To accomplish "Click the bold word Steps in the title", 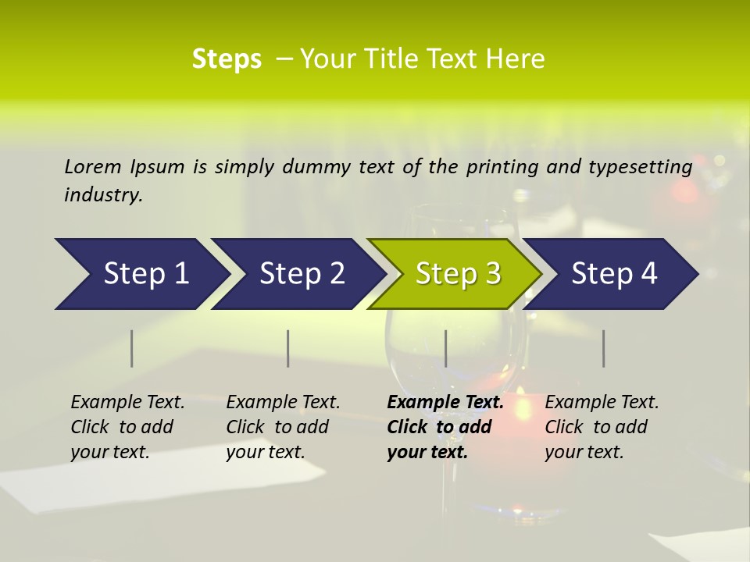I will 227,59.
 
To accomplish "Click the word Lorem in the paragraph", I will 93,166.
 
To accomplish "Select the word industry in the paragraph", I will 103,195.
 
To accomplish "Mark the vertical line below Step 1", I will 132,348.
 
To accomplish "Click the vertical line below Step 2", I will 288,348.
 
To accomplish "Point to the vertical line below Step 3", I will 446,348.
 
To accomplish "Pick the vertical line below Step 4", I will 604,348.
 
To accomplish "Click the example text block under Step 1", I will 127,427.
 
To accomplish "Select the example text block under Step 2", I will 283,427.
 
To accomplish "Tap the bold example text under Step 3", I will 445,427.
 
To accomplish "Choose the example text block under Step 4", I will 602,427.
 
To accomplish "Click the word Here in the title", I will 515,59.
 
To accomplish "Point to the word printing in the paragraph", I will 502,167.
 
